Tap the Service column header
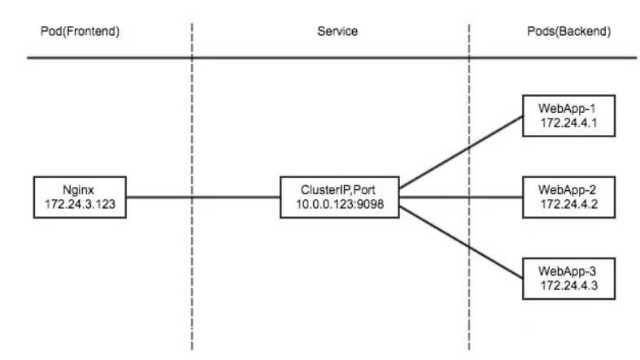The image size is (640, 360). click(x=337, y=33)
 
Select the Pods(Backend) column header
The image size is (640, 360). click(x=569, y=33)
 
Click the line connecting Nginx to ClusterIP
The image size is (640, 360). click(x=203, y=196)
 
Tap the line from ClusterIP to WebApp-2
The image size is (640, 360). click(x=459, y=196)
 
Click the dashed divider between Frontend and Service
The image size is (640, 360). click(x=191, y=268)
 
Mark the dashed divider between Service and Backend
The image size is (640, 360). click(x=469, y=268)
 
